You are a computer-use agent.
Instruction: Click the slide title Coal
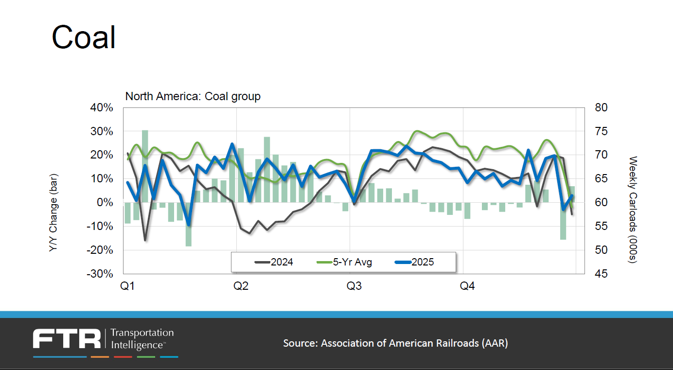(x=84, y=37)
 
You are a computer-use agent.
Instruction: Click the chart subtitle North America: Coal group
(x=193, y=96)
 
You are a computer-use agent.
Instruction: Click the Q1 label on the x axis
(x=128, y=286)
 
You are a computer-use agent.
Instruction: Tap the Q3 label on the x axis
(x=354, y=286)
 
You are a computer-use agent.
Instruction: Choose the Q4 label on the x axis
(x=467, y=286)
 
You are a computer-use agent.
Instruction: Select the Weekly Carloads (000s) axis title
(x=633, y=210)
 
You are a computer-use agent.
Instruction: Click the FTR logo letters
(x=67, y=338)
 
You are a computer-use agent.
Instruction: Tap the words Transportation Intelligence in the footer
(x=142, y=339)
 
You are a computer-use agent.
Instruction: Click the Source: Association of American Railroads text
(x=395, y=343)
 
